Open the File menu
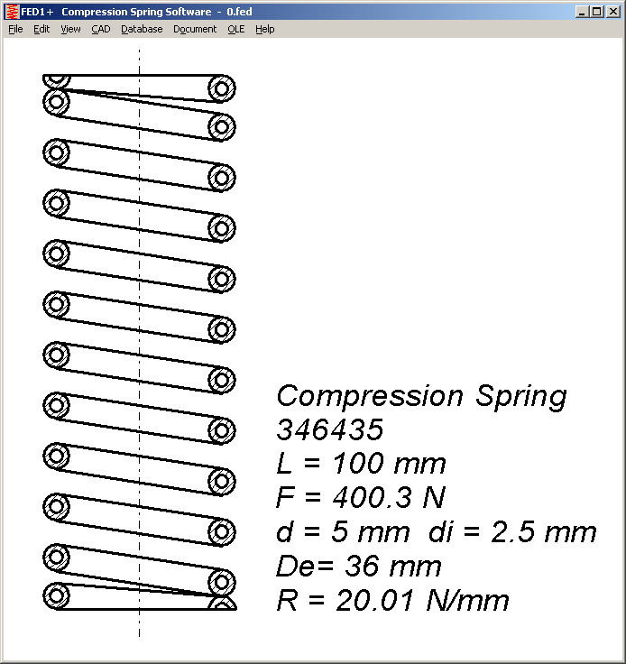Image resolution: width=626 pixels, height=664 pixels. click(15, 29)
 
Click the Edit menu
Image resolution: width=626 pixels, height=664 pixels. click(41, 29)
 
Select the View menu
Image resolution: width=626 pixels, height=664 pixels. click(70, 29)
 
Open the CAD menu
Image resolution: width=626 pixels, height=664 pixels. click(101, 29)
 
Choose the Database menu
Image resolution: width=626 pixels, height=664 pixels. click(142, 29)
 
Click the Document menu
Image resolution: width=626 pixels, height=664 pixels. click(195, 29)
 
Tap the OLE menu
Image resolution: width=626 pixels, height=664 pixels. click(236, 29)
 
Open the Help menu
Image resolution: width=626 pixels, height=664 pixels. click(264, 29)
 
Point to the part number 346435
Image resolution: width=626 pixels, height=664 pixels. click(330, 429)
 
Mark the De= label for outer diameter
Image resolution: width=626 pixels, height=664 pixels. click(298, 567)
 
